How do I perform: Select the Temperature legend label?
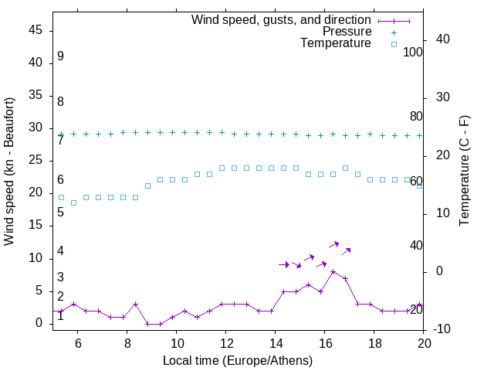(x=336, y=44)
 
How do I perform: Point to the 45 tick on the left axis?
(x=36, y=29)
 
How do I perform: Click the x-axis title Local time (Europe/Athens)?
(x=238, y=360)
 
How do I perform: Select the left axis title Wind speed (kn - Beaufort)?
(x=9, y=172)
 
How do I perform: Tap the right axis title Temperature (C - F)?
(x=465, y=172)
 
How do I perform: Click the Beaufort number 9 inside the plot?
(x=60, y=56)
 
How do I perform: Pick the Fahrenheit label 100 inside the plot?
(x=414, y=52)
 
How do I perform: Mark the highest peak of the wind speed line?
(x=333, y=271)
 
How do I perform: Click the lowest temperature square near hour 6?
(x=73, y=203)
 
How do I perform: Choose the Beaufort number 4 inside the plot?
(x=60, y=251)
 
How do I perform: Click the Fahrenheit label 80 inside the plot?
(x=416, y=116)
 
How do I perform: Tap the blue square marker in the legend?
(x=394, y=44)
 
